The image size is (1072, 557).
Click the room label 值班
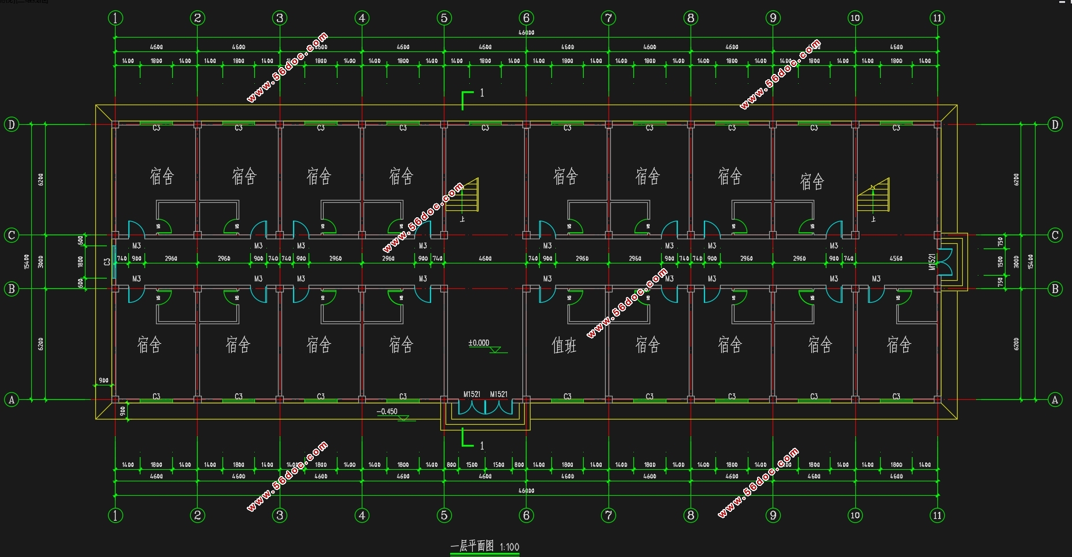564,346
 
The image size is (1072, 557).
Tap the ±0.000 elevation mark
478,343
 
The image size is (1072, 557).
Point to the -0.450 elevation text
387,412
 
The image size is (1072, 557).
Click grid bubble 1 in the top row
116,18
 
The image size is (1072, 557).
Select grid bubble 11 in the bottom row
937,515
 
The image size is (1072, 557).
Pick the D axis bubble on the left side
11,124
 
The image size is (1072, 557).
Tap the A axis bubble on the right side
1055,399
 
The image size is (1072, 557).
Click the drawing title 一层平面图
472,546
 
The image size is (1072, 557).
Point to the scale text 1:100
509,547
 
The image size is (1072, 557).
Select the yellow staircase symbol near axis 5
469,195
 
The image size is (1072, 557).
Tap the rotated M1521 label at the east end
932,262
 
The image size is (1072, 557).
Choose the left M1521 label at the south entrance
472,394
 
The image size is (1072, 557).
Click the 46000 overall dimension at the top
526,32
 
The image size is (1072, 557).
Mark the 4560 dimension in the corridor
896,258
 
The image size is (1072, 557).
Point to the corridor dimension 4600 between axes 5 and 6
485,258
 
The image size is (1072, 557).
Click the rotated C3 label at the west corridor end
107,262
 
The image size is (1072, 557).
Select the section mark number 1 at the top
482,92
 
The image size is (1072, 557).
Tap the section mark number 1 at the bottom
482,445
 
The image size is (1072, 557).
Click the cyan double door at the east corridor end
945,262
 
